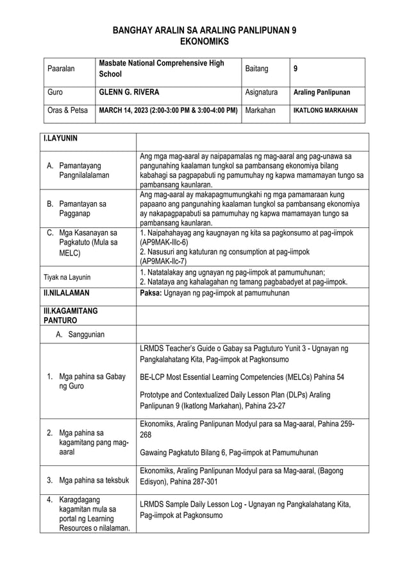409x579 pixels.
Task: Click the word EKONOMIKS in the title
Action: pyautogui.click(x=204, y=41)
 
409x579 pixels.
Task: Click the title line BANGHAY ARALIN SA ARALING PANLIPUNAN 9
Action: pyautogui.click(x=204, y=30)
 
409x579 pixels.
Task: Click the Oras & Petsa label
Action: pyautogui.click(x=68, y=110)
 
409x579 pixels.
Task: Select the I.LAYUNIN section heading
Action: pyautogui.click(x=61, y=138)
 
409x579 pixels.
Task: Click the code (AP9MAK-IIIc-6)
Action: pyautogui.click(x=164, y=243)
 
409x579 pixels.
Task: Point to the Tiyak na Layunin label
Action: pyautogui.click(x=67, y=277)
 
